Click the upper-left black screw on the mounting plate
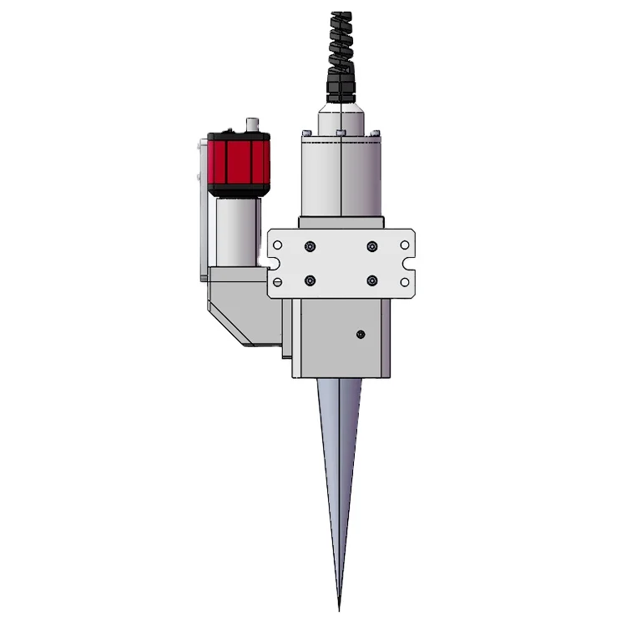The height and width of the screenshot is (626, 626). tap(310, 246)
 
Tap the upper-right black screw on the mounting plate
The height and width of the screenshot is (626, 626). tap(371, 246)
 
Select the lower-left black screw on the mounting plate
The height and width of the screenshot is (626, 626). tap(310, 280)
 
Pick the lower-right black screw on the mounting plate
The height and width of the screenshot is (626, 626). tap(371, 280)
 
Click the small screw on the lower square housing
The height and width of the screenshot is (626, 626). tap(360, 335)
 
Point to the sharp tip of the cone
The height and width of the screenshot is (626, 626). tap(339, 608)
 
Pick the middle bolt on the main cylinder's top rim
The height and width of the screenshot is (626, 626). tap(341, 133)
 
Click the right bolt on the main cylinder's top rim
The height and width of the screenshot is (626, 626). tap(376, 133)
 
